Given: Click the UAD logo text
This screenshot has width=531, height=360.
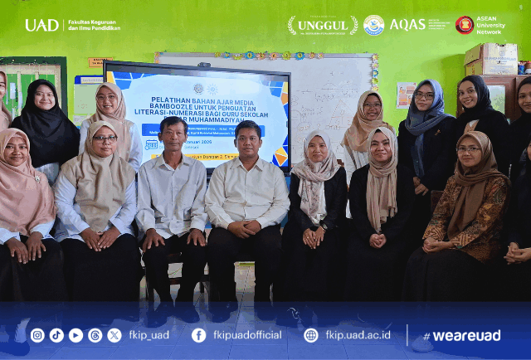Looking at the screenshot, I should coord(41,25).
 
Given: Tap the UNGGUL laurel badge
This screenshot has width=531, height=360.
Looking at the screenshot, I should coord(323,25).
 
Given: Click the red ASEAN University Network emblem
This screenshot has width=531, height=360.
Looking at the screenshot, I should coord(465,25).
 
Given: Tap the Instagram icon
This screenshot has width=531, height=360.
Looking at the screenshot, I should coord(37,335).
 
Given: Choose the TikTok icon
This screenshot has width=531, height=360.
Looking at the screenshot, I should coord(56,335).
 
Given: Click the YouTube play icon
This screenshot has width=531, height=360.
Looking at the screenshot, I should coord(76,335).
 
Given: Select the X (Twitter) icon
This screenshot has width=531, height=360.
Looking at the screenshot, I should coord(114,335).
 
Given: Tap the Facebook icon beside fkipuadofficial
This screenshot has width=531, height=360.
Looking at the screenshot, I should coord(198,335).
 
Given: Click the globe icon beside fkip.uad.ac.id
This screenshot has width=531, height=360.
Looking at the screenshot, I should coord(311,335).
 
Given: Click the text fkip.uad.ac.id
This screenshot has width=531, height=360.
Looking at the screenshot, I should coord(358,335).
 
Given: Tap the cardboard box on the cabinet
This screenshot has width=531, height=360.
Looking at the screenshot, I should coord(491,59).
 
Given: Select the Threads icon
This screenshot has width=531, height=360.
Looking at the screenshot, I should coord(95,335).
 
